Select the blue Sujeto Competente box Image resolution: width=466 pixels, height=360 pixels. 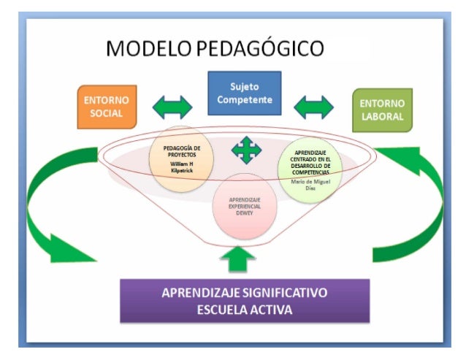(x=244, y=93)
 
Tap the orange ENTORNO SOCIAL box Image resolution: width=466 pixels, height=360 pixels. (x=107, y=107)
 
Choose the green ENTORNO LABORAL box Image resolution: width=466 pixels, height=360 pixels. (x=381, y=110)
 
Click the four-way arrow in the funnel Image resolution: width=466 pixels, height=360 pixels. (x=246, y=150)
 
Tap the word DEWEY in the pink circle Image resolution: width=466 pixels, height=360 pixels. (x=245, y=214)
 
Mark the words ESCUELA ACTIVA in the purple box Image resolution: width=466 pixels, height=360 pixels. (x=244, y=310)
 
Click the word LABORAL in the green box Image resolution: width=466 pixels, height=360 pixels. (x=381, y=116)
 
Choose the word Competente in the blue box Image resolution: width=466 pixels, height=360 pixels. (x=244, y=99)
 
